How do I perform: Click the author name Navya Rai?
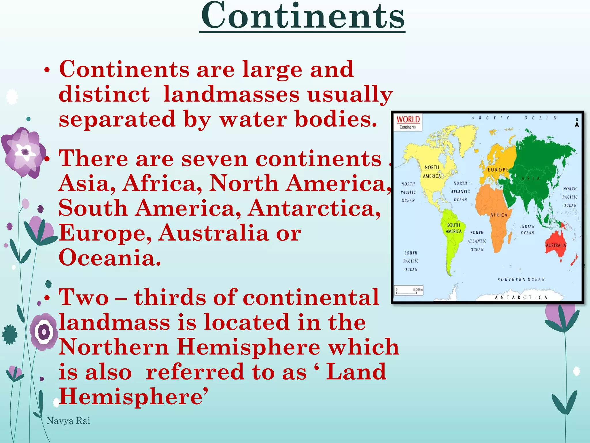coord(68,421)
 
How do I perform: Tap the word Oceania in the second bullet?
coord(109,258)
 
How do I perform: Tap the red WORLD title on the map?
coord(408,119)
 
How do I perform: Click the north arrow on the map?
coord(577,123)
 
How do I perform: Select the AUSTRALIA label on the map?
coord(556,245)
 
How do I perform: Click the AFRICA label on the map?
coord(499,215)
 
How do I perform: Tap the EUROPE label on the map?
coord(498,170)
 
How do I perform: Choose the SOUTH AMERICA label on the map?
coord(453,228)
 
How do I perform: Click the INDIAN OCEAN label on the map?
coord(527,230)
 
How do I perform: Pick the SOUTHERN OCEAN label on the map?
coord(521,279)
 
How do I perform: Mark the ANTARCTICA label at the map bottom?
coord(521,297)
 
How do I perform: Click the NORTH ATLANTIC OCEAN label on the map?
coord(460,191)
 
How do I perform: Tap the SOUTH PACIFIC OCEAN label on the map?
coord(411,261)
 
